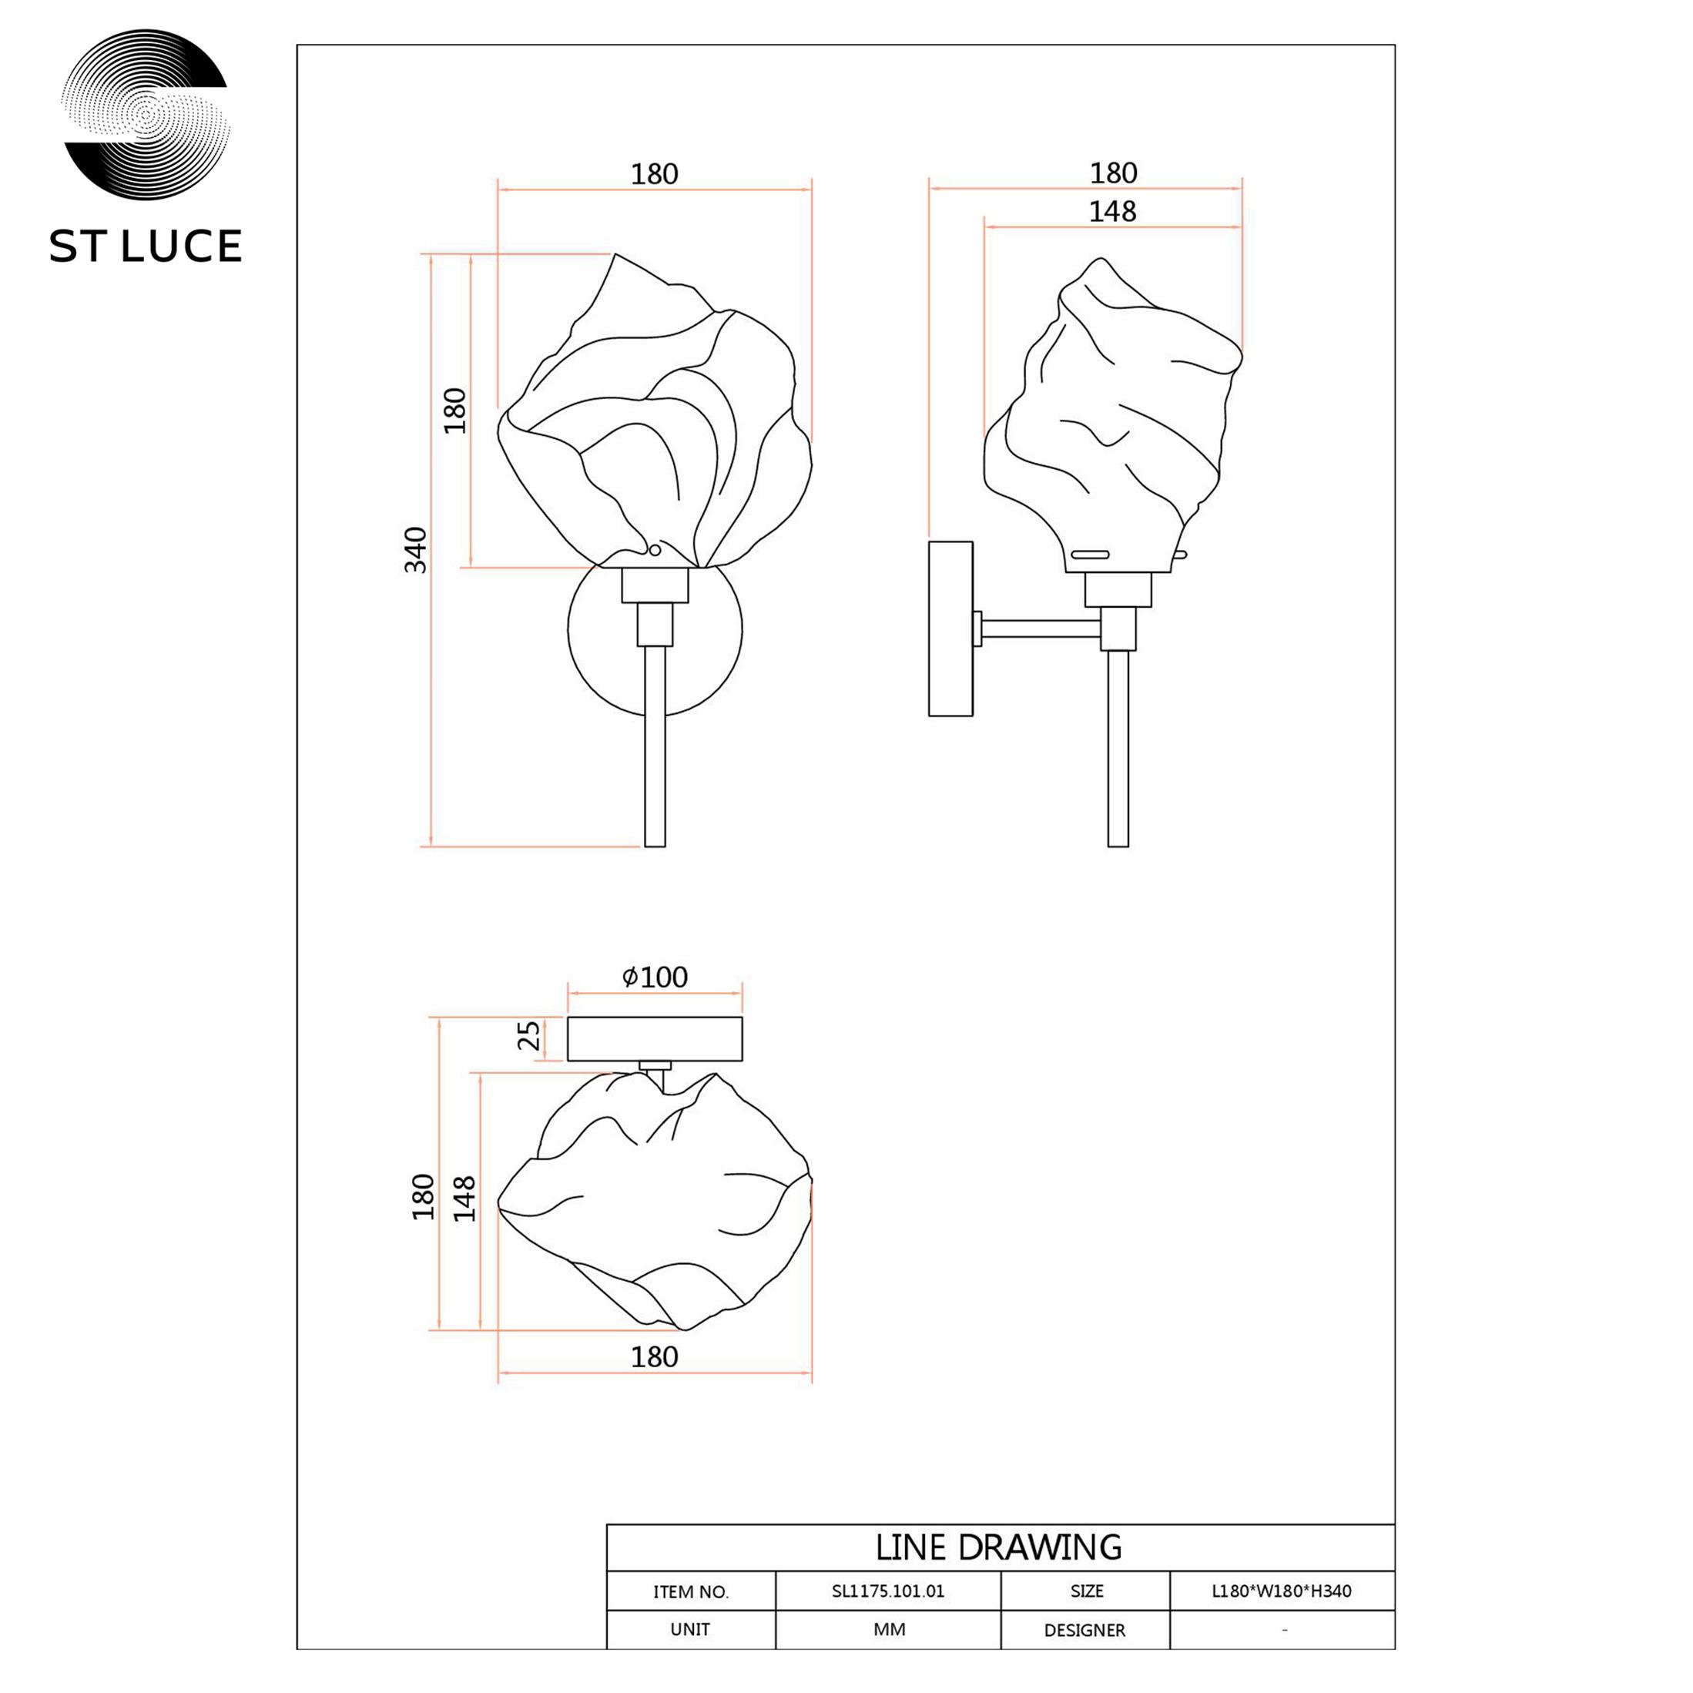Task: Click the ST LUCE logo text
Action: [x=146, y=246]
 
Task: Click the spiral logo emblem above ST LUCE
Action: [x=146, y=115]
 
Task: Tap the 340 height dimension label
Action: [x=415, y=550]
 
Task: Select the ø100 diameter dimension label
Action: [x=655, y=976]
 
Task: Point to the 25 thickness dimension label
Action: [x=528, y=1035]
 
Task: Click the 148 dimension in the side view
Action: [x=1112, y=211]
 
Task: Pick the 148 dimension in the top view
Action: [x=464, y=1199]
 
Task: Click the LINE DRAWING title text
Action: [x=999, y=1548]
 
